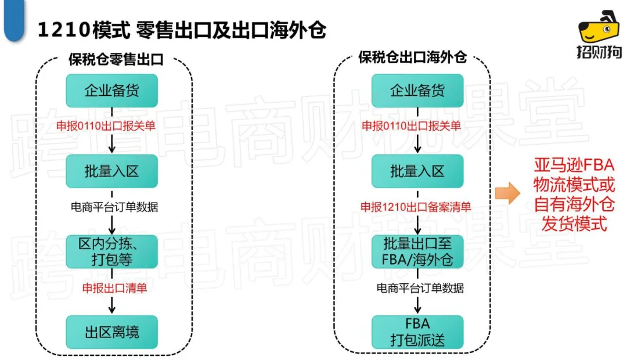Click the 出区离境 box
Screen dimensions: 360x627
point(112,332)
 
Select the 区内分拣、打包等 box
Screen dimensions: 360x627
point(112,251)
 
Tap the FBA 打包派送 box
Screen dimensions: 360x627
point(417,332)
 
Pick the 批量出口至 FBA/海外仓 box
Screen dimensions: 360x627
point(417,251)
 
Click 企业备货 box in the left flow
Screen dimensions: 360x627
point(112,91)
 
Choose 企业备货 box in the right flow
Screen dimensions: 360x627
point(417,91)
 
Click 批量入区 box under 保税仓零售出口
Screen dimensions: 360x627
point(112,171)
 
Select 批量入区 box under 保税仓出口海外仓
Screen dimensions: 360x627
point(417,171)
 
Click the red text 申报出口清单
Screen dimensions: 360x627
point(114,288)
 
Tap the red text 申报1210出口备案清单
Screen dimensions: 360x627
point(416,207)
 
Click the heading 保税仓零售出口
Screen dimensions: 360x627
point(116,59)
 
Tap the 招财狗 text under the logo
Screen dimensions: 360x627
point(599,52)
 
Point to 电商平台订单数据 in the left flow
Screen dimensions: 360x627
point(114,207)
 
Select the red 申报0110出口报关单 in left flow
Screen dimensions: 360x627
point(106,126)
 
